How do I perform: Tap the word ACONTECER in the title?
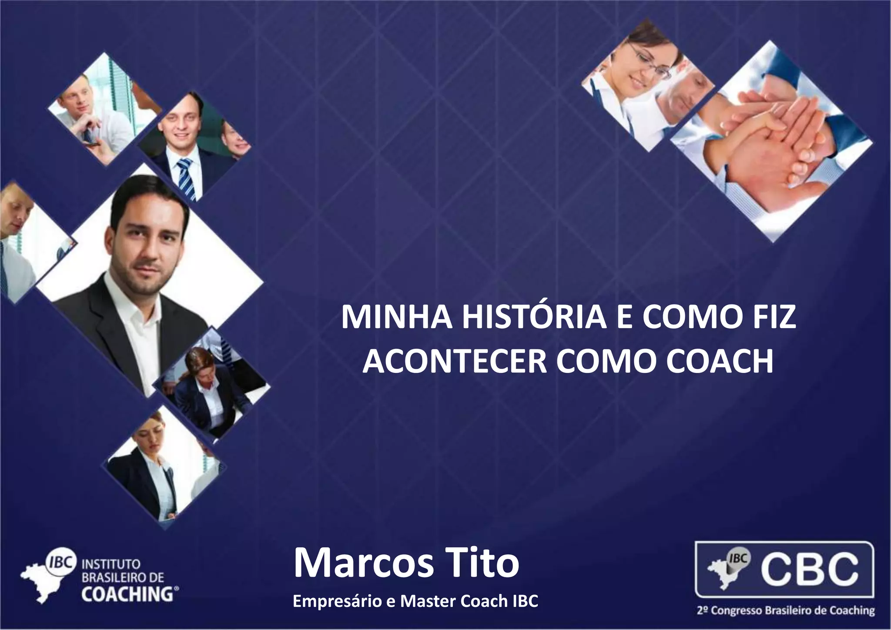454,361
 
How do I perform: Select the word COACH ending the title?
720,361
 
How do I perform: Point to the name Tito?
482,563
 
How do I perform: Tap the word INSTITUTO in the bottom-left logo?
111,564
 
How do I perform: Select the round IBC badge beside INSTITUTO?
61,561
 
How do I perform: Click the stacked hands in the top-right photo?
766,139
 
